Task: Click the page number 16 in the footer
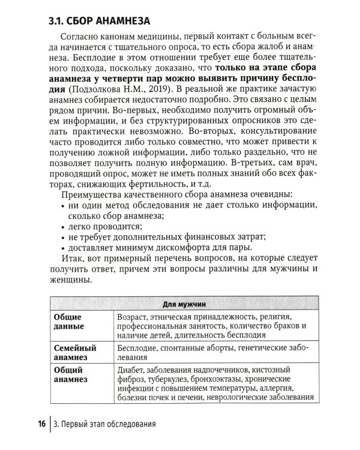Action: coord(41,425)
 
